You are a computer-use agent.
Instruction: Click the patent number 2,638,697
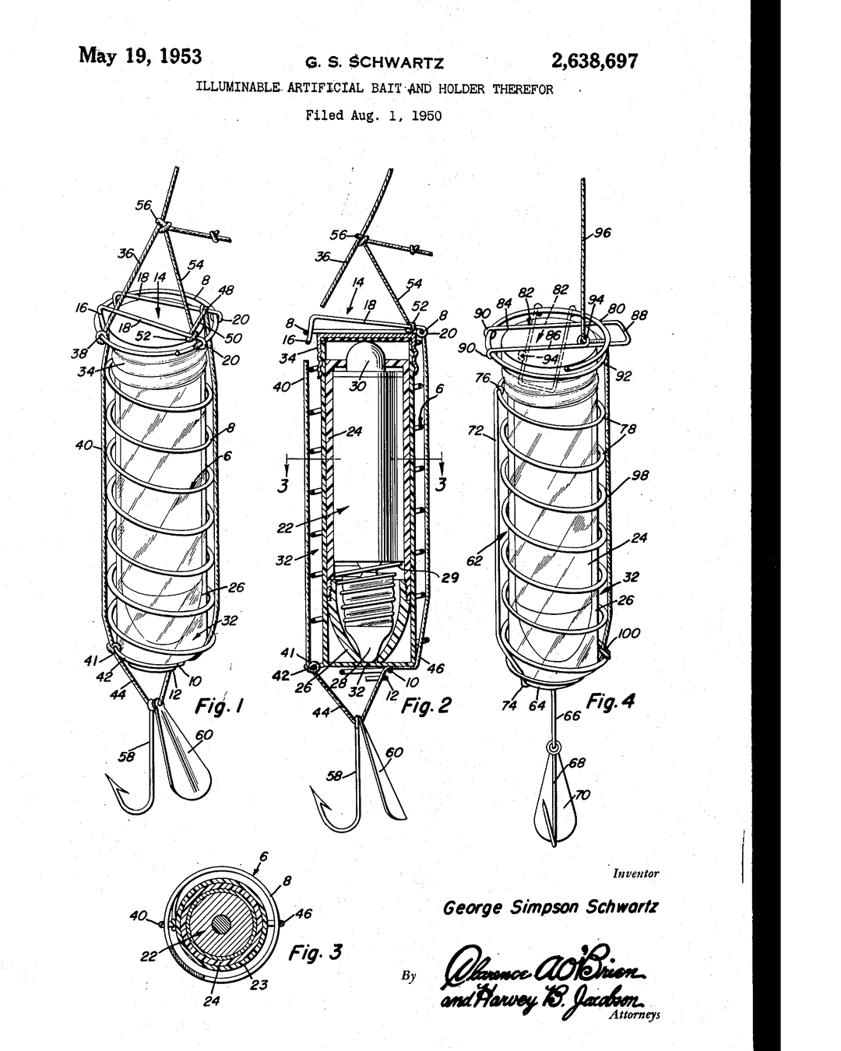coord(594,61)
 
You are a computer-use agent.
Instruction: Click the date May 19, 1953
coord(140,56)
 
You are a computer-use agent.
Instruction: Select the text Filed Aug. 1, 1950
coord(374,116)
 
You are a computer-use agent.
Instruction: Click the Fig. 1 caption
coord(219,707)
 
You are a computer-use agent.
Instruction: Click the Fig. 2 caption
coord(426,706)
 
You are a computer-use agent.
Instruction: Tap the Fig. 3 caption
coord(315,952)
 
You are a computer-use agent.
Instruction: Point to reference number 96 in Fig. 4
coord(603,232)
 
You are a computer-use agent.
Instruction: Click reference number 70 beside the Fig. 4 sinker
coord(582,796)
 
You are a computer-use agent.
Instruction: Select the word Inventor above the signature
coord(635,873)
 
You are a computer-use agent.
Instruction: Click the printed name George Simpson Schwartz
coord(551,907)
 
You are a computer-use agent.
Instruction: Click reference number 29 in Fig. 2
coord(450,578)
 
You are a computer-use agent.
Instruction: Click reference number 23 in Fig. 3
coord(259,985)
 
